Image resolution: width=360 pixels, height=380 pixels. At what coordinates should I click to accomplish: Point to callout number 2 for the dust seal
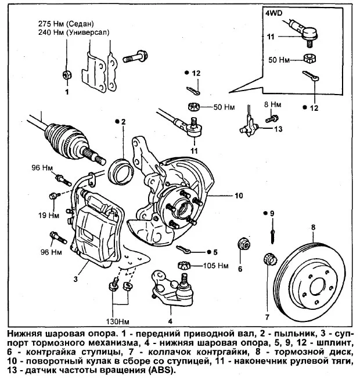(123, 121)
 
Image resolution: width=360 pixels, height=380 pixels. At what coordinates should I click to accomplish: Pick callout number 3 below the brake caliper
(76, 278)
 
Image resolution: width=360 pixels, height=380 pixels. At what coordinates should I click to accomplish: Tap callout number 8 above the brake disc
(313, 227)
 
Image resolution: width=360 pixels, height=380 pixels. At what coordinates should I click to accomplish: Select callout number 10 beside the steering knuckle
(239, 196)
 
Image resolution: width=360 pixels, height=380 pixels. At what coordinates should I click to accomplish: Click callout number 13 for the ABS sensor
(278, 128)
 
